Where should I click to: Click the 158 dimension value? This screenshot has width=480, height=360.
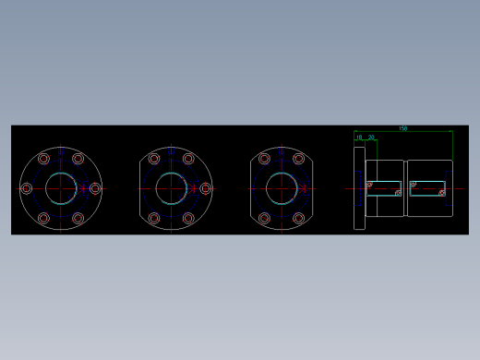click(x=403, y=128)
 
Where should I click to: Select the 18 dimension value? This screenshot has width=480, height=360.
click(x=359, y=137)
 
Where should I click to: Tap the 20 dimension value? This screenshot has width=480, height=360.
click(x=371, y=137)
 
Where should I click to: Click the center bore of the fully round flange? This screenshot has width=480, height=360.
click(x=61, y=188)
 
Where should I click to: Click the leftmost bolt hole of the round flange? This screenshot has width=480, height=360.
click(x=26, y=188)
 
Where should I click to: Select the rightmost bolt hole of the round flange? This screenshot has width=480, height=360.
click(x=95, y=188)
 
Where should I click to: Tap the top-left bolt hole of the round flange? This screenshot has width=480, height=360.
click(x=43, y=158)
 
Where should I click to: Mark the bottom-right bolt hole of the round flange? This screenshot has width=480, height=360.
click(x=78, y=219)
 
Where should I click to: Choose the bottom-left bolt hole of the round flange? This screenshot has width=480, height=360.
click(x=43, y=219)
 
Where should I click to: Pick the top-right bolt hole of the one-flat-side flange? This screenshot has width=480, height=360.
click(x=189, y=158)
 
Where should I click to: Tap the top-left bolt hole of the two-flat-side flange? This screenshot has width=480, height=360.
click(x=264, y=158)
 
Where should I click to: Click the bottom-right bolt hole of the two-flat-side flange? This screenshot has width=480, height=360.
click(x=299, y=219)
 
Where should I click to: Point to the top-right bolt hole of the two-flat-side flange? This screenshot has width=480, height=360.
click(x=299, y=158)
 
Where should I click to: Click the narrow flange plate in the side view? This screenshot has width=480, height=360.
click(x=359, y=188)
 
